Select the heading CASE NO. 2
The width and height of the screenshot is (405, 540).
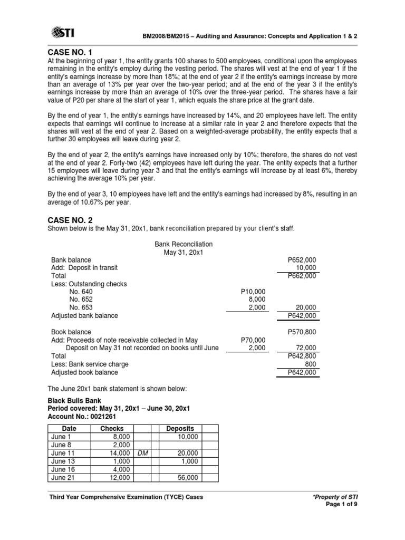click(71, 219)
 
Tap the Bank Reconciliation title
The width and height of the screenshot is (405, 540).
click(184, 244)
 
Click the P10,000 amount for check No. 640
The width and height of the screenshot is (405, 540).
click(253, 292)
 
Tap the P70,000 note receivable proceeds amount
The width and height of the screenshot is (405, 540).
click(253, 340)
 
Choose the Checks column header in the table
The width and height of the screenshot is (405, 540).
click(112, 429)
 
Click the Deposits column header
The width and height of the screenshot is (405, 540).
click(180, 429)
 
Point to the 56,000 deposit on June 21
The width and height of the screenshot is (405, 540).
click(187, 477)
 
